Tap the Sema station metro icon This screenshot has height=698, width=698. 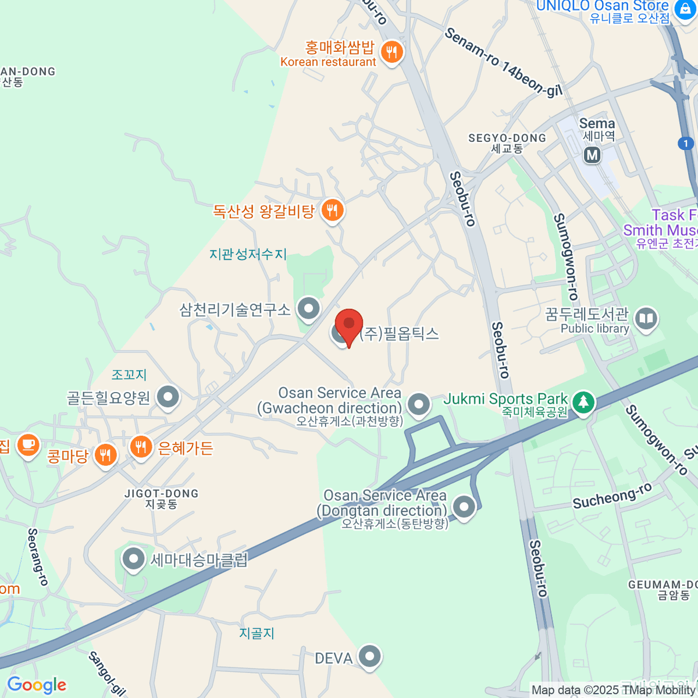point(592,155)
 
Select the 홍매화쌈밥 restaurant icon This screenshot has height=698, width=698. point(392,52)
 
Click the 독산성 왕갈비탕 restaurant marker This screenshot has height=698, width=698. point(332,209)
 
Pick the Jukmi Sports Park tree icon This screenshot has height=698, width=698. point(582,403)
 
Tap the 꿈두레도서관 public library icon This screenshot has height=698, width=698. point(646,319)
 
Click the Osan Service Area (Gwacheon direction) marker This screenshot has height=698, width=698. point(418,404)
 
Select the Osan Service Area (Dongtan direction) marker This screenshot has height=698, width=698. point(464,507)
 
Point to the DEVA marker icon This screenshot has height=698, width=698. point(369,657)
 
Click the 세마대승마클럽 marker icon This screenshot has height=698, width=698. point(133,560)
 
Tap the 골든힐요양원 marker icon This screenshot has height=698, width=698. point(168,398)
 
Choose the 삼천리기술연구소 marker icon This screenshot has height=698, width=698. point(308,308)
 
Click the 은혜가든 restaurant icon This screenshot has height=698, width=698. point(141,447)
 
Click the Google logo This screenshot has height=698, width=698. point(37,685)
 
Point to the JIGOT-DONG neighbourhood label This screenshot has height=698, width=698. point(161,498)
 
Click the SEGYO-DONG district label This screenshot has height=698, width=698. point(507,143)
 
